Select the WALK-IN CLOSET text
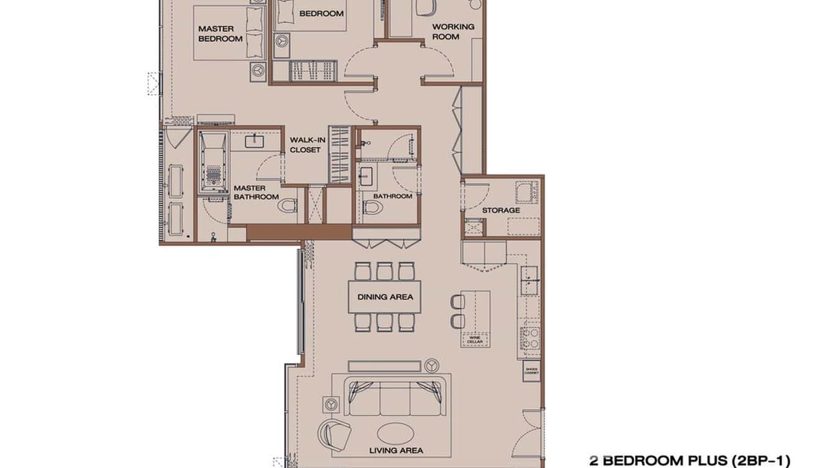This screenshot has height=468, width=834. click(x=307, y=145)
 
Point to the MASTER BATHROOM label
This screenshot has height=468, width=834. click(x=256, y=192)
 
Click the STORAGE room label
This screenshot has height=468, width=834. click(x=501, y=210)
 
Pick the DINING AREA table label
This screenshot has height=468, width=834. click(x=385, y=297)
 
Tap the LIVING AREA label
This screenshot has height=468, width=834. click(x=396, y=451)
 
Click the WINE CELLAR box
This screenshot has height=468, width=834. click(x=475, y=340)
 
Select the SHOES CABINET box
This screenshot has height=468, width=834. click(x=532, y=371)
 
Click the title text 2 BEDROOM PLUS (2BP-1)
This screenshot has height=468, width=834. click(x=689, y=461)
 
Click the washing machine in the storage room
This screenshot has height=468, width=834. click(x=526, y=192)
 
